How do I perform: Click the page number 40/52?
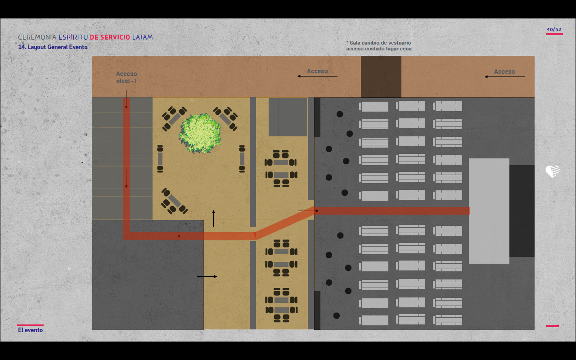point(554,30)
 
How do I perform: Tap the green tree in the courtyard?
point(200,133)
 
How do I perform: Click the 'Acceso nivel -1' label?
point(126,77)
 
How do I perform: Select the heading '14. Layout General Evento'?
point(53,47)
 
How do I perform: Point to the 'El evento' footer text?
point(31,330)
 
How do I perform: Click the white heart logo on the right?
point(553,171)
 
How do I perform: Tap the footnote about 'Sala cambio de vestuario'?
point(379,45)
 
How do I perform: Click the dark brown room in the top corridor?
point(381,76)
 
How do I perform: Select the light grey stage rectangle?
point(489,211)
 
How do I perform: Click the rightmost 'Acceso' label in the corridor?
point(504,72)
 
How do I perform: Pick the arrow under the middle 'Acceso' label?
point(317,76)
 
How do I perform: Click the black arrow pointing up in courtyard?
point(214,218)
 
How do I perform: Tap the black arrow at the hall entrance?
point(308,211)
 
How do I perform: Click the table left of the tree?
point(160,158)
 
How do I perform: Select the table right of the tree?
point(242,158)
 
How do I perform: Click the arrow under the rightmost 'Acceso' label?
point(504,77)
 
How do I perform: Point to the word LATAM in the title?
point(143,37)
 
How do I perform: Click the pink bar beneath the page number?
point(554,34)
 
